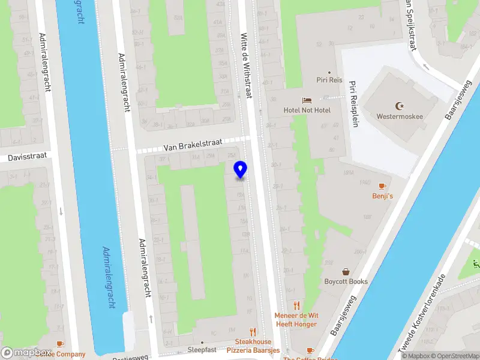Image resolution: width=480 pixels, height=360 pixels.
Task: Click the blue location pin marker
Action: click(x=241, y=169)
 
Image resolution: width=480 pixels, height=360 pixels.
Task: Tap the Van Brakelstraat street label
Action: click(x=193, y=145)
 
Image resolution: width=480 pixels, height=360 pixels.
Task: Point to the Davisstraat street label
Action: click(x=23, y=158)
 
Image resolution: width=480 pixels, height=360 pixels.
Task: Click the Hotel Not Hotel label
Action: click(x=307, y=110)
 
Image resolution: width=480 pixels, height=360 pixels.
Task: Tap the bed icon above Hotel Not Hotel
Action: click(x=307, y=100)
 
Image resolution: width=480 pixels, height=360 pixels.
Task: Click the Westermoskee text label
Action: click(x=400, y=116)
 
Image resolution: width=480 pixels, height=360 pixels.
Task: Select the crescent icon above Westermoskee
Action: click(x=400, y=105)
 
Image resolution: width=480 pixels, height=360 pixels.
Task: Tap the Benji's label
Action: click(x=382, y=196)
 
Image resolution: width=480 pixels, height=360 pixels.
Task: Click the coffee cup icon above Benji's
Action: click(x=382, y=186)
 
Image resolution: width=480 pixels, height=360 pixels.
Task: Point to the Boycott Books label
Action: click(x=346, y=282)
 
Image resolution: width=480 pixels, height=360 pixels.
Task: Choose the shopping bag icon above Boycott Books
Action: click(x=346, y=272)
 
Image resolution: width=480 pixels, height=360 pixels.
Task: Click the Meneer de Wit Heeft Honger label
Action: click(x=296, y=319)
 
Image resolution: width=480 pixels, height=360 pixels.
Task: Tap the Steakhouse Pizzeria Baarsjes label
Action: click(x=253, y=346)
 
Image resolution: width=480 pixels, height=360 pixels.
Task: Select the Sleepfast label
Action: click(x=202, y=349)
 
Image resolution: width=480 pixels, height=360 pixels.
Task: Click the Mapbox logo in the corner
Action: click(x=27, y=353)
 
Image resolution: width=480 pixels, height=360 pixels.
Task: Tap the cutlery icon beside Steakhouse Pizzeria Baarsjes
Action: click(x=253, y=331)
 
